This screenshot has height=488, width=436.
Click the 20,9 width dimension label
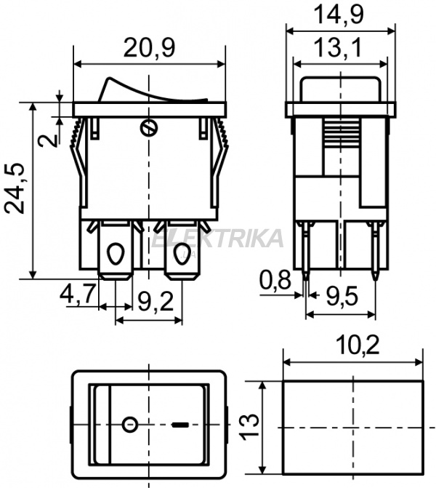[x=149, y=48]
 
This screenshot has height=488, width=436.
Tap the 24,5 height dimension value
[x=15, y=188]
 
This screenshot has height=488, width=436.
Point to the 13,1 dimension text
[x=338, y=47]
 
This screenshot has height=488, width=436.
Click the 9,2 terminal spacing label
[x=156, y=301]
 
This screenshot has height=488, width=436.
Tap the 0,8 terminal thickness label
[x=275, y=280]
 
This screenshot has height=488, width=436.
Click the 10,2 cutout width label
[x=358, y=345]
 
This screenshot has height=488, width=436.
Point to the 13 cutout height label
[x=250, y=427]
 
